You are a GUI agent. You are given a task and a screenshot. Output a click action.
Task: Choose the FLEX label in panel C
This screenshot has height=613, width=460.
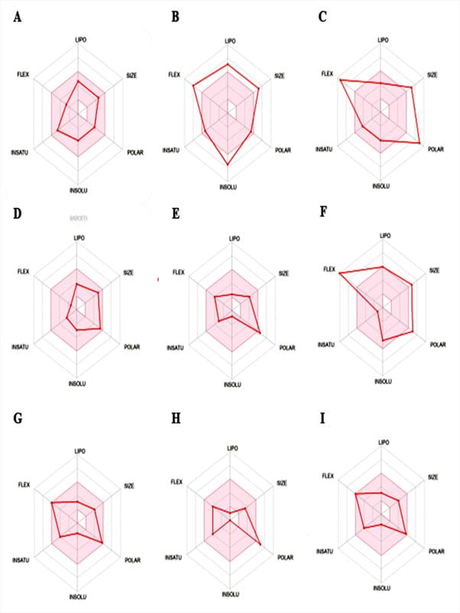click(328, 73)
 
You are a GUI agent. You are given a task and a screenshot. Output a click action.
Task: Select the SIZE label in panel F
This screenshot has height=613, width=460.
click(434, 270)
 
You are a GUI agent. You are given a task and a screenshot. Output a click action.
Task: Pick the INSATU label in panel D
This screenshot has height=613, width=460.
click(21, 348)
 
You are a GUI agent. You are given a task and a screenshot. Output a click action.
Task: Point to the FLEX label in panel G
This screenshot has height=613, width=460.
click(23, 485)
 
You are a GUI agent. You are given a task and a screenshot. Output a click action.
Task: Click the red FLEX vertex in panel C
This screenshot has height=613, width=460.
click(340, 79)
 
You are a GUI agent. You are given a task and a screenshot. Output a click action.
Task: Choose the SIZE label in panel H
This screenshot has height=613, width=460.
click(282, 482)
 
